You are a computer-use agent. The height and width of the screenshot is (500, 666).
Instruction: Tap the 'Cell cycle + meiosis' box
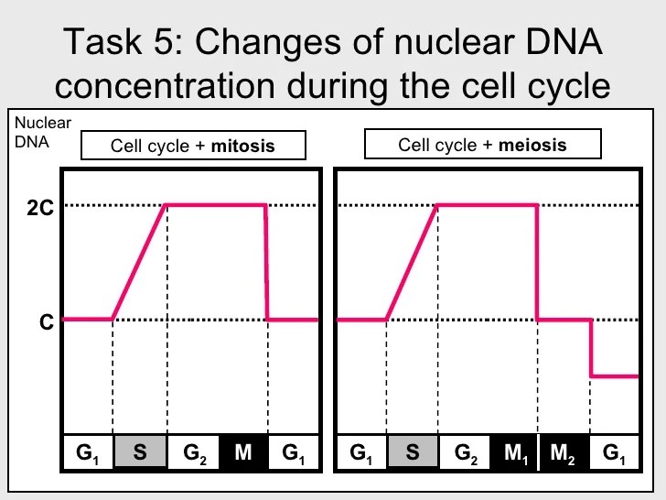[x=482, y=145]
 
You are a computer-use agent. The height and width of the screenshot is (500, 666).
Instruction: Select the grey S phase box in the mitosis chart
[x=140, y=453]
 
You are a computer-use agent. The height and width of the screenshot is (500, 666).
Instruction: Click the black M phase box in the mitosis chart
[x=243, y=453]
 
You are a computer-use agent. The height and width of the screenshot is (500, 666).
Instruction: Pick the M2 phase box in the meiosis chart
[x=564, y=453]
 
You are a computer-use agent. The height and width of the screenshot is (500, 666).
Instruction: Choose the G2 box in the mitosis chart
[x=193, y=453]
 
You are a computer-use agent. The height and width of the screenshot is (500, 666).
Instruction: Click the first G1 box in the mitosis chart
[x=88, y=453]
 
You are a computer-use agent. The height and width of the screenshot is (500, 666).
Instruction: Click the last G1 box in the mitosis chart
[x=294, y=453]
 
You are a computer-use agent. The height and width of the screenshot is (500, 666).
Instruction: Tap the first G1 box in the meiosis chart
[x=361, y=453]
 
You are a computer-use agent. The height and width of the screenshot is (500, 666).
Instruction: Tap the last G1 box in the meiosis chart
[x=615, y=453]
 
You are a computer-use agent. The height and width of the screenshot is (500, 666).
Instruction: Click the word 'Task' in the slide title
[x=100, y=42]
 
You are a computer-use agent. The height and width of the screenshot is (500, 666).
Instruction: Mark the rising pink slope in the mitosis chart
[x=139, y=262]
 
